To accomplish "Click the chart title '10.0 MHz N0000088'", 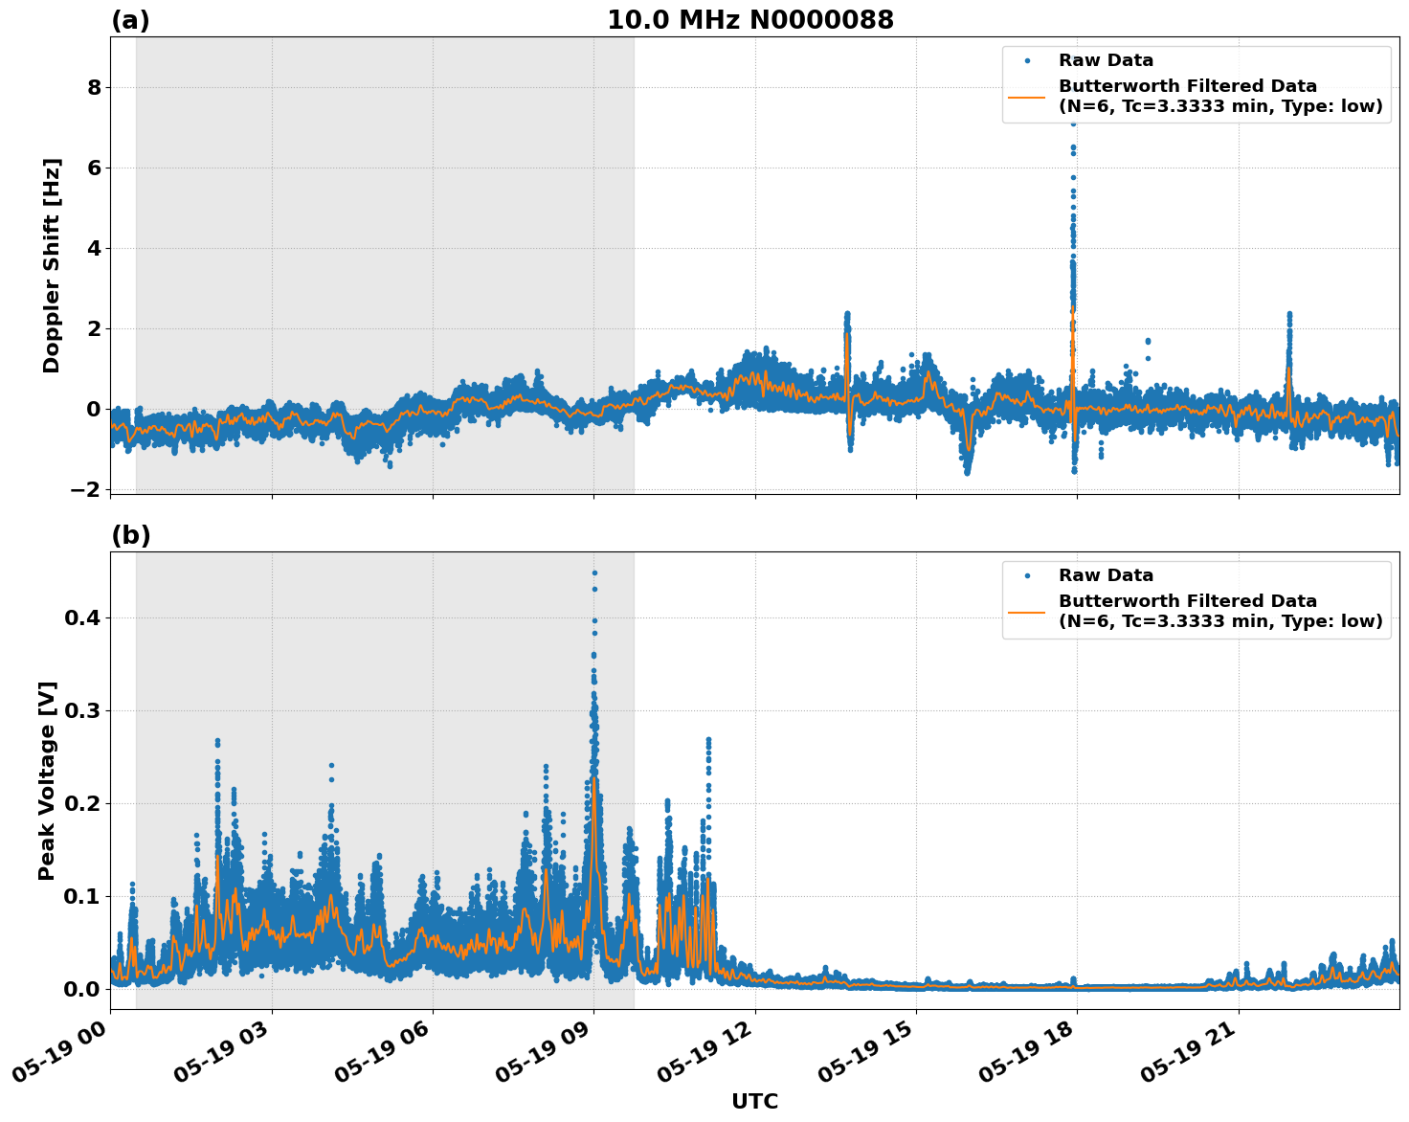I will tap(750, 20).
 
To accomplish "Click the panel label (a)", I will tap(130, 20).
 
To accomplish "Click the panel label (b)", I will tap(130, 535).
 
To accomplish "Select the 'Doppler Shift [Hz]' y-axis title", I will tap(52, 265).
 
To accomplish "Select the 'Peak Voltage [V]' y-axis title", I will tap(47, 780).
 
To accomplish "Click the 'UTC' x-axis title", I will tap(754, 1101).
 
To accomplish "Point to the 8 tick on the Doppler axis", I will tap(94, 87).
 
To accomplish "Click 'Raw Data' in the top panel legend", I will tap(1106, 60).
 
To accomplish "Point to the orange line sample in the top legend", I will tap(1026, 96).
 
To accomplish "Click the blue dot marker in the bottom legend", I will tap(1026, 575).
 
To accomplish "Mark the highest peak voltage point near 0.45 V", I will tap(594, 573).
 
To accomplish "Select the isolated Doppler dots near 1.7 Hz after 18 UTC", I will tap(1148, 342).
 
